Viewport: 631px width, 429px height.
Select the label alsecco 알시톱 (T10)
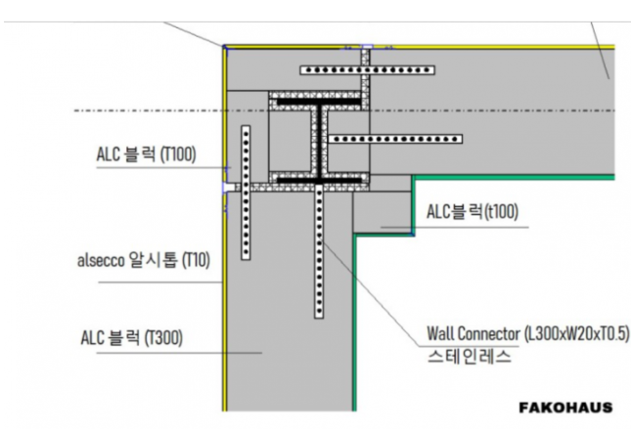tap(144, 259)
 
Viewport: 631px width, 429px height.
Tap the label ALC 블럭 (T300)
tap(131, 338)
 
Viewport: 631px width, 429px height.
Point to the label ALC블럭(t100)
tap(473, 211)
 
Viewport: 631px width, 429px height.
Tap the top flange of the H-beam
tap(319, 101)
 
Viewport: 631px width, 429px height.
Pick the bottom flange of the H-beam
tap(319, 179)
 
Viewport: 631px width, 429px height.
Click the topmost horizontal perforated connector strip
tap(367, 70)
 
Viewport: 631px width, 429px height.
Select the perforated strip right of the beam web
tap(393, 139)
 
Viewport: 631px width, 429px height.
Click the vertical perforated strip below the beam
tap(319, 254)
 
